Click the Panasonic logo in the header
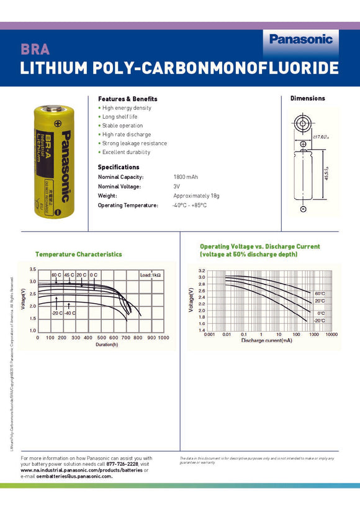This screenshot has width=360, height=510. (x=301, y=39)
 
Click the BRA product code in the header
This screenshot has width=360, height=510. (x=35, y=50)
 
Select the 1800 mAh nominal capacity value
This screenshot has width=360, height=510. (x=187, y=177)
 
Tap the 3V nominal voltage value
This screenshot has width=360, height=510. (x=177, y=186)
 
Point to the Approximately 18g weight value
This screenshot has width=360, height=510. (x=196, y=196)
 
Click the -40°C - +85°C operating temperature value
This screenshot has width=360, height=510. (x=189, y=205)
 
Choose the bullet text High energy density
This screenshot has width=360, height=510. (x=127, y=108)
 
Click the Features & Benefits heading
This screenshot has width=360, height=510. (x=127, y=99)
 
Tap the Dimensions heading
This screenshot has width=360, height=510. (x=307, y=98)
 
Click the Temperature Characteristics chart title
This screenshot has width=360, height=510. (x=78, y=254)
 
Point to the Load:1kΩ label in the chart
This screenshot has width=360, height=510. (x=150, y=275)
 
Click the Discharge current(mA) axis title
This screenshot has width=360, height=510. (x=266, y=340)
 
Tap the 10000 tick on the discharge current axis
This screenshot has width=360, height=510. (x=331, y=334)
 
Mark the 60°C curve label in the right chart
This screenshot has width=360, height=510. (x=320, y=293)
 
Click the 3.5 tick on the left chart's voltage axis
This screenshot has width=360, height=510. (x=32, y=270)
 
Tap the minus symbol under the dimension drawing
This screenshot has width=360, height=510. (x=303, y=210)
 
